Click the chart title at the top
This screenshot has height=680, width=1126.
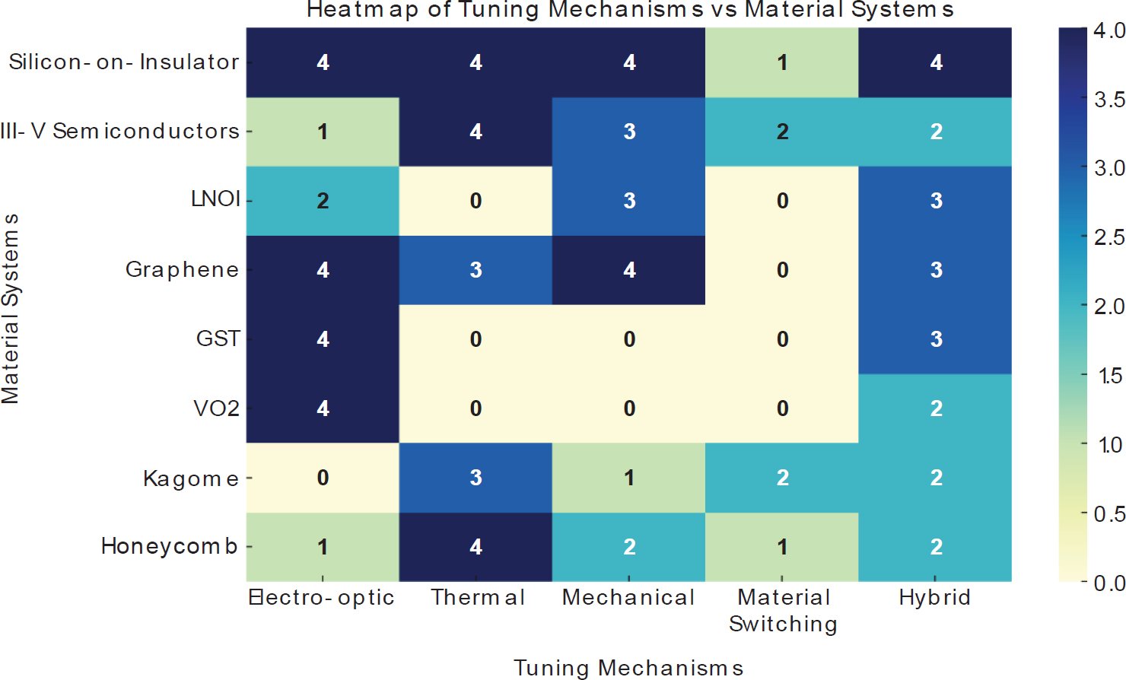[x=629, y=10]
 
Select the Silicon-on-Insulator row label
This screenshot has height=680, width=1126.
[x=124, y=62]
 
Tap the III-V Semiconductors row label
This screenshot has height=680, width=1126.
[x=120, y=131]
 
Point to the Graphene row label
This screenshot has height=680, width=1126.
[x=182, y=269]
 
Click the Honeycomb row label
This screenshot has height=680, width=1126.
[x=170, y=546]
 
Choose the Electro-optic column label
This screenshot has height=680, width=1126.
[x=322, y=598]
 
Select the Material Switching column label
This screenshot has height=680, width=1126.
[x=783, y=610]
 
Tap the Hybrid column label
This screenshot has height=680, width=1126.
[x=935, y=598]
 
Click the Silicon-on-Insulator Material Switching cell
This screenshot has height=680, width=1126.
[x=782, y=62]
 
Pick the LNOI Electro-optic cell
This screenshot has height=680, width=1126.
[x=323, y=201]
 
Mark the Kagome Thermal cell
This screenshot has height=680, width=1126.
[x=476, y=478]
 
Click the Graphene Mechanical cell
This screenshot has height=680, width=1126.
[x=629, y=270]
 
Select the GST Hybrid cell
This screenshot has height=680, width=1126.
[x=936, y=339]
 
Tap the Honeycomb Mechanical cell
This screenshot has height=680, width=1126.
[x=629, y=547]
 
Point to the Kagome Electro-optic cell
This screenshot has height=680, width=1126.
[x=323, y=478]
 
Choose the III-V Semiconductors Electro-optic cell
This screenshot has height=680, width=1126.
[x=323, y=132]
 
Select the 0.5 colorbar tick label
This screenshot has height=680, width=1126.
[x=1109, y=514]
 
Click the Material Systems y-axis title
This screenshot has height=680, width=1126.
[x=11, y=308]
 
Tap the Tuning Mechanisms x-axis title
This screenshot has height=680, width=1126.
[x=628, y=668]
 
